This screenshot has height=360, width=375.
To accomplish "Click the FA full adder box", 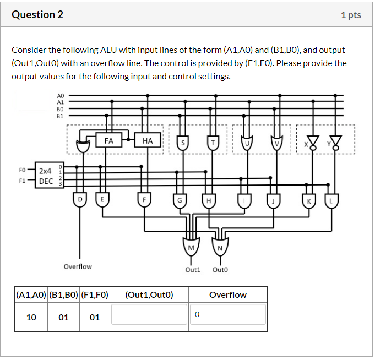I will [109, 141].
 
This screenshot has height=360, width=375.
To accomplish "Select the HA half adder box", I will [147, 141].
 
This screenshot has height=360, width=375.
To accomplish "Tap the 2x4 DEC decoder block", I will [46, 176].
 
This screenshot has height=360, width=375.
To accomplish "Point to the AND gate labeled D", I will [81, 199].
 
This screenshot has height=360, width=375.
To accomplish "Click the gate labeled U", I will [246, 143].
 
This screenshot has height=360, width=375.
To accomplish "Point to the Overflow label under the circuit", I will [78, 266].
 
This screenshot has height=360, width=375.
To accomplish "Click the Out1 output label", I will [193, 270].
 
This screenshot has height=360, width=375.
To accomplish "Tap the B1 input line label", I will [60, 116].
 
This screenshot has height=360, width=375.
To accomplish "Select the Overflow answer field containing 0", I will [228, 314].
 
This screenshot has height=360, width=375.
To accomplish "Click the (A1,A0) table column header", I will [31, 294].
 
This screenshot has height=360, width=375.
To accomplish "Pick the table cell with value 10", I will [31, 317].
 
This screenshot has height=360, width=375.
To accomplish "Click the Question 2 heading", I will [37, 15].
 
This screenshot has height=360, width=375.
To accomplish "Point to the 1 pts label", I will [351, 15].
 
